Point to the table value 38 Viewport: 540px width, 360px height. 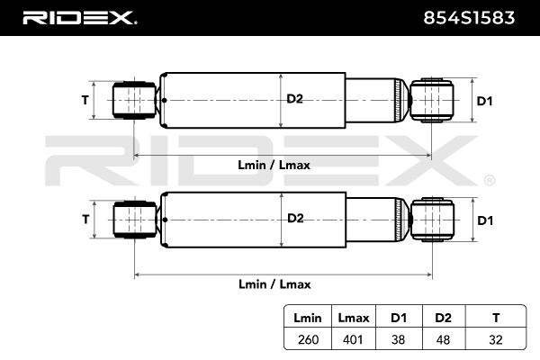[x=398, y=341]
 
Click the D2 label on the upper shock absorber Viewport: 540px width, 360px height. [x=294, y=99]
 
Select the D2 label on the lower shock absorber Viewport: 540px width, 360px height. [x=294, y=218]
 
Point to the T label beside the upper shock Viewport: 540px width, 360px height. [x=85, y=100]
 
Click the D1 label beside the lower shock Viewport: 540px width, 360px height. [x=484, y=220]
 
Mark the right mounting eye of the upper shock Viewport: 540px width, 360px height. [x=431, y=98]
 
